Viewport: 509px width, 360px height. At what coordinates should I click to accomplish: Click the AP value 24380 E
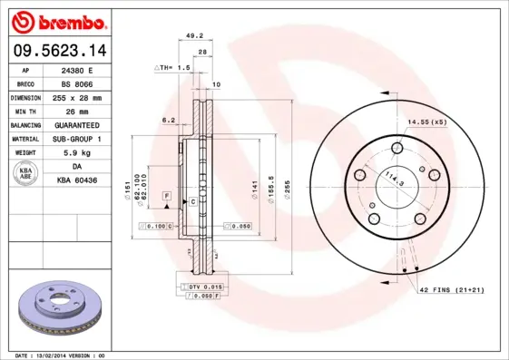[77, 70]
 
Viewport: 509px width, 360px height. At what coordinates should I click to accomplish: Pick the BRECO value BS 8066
[77, 83]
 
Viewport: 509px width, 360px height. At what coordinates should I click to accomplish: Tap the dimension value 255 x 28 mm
[77, 97]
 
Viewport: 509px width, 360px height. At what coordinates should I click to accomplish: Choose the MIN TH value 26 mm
[77, 111]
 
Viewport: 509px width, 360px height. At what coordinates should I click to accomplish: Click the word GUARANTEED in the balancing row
[77, 124]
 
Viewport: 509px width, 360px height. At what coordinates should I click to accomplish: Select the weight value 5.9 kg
[77, 152]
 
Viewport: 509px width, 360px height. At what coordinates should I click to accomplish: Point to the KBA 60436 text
[77, 180]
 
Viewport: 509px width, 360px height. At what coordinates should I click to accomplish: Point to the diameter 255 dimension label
[286, 189]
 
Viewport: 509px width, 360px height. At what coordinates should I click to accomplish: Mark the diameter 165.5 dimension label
[270, 189]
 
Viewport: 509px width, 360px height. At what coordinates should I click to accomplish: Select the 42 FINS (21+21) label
[451, 289]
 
